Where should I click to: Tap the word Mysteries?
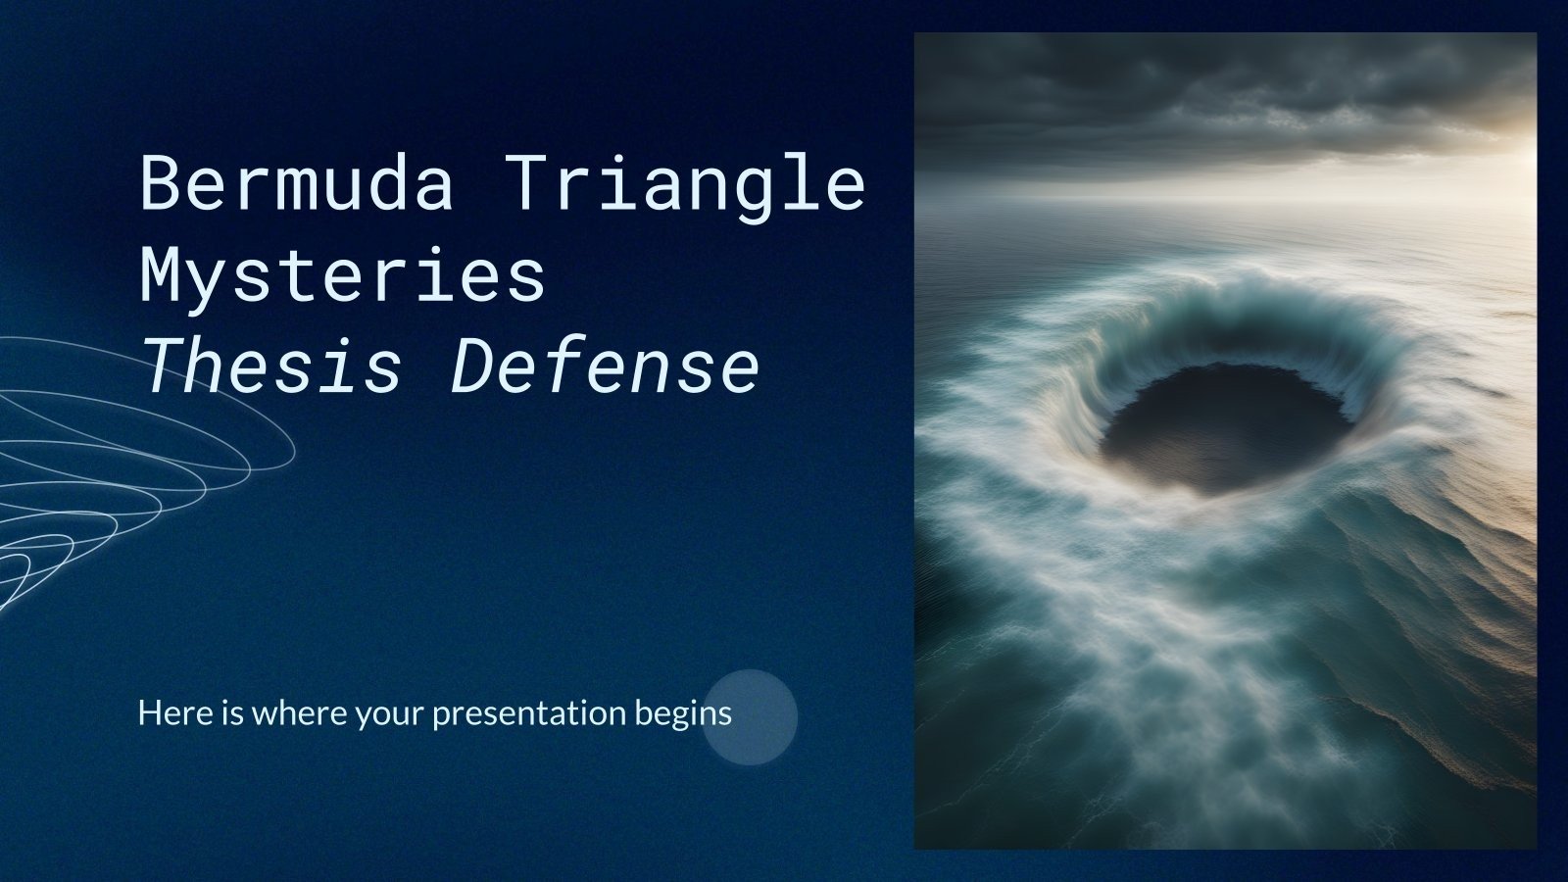coord(342,277)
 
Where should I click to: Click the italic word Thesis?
coord(270,367)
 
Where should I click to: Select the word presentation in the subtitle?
coord(528,712)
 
